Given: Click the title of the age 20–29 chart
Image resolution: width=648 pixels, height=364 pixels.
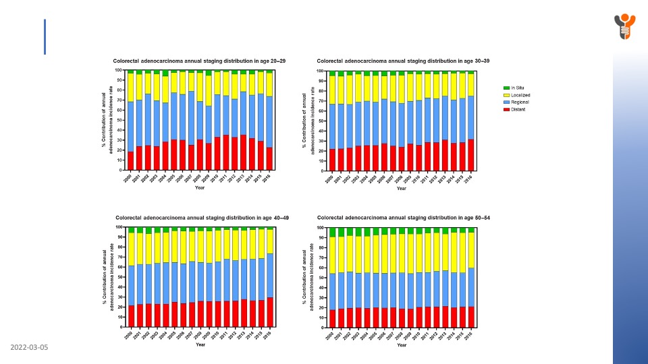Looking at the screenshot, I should tap(199, 61).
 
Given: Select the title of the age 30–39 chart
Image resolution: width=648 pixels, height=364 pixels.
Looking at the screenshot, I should tap(403, 61).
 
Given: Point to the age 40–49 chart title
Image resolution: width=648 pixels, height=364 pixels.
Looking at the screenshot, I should tap(203, 218).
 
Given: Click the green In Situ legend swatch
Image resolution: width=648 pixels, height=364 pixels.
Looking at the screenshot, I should tap(507, 88).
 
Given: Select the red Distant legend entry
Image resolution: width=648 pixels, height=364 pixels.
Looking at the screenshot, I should tap(507, 109).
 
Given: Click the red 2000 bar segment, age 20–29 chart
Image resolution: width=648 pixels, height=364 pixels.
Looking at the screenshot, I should tap(130, 160).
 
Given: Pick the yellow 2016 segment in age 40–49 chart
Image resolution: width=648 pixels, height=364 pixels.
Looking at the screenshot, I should tap(269, 241).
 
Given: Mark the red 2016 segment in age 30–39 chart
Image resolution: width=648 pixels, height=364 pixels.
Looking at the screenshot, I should tap(471, 154).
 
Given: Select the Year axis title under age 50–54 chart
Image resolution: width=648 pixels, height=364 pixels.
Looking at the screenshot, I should tap(402, 345).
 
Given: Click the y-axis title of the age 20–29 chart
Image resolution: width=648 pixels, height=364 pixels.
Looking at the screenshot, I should tap(108, 120).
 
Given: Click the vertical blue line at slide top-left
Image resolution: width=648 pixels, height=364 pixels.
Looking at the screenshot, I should tap(45, 36).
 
